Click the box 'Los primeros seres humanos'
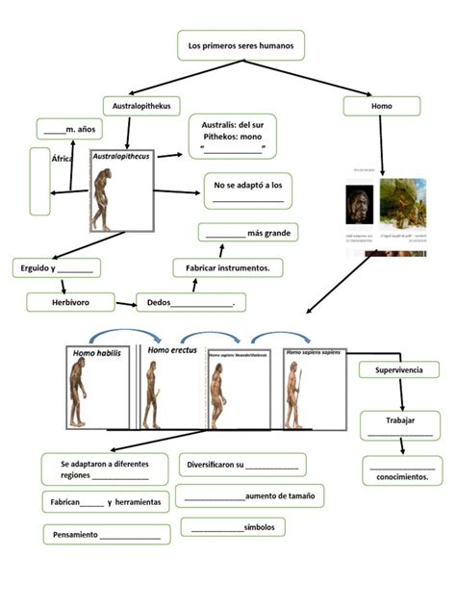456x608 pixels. point(241,45)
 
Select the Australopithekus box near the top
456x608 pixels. point(141,106)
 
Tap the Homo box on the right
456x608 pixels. point(381,106)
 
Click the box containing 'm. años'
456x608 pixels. point(66,129)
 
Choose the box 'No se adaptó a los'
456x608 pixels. point(247,190)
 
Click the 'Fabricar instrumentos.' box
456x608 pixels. point(228,267)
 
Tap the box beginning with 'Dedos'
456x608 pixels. point(191,303)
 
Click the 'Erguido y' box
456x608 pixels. point(55,267)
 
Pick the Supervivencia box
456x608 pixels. point(398,369)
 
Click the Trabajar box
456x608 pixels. point(399,424)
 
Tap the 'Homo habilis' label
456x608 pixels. point(97,354)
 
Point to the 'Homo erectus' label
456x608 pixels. point(172,351)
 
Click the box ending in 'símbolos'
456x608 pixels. point(231,527)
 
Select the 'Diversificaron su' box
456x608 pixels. point(242,465)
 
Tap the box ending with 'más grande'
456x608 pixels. point(248,233)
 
